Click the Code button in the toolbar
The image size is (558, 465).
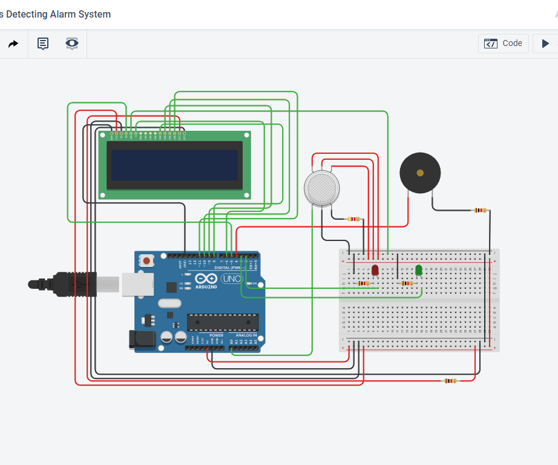pos(504,44)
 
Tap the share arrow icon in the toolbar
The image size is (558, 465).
pos(13,44)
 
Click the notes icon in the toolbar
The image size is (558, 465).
pos(43,44)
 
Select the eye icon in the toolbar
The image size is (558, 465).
pos(72,44)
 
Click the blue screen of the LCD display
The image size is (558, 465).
pos(174,165)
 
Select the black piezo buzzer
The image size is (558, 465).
pos(420,173)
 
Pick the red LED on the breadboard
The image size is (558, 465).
pos(375,269)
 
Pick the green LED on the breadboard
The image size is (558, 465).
pos(418,270)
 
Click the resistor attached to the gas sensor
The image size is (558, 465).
pos(353,219)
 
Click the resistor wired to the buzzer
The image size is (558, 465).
pos(480,211)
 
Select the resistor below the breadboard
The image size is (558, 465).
pos(450,381)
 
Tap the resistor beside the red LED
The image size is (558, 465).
pos(363,283)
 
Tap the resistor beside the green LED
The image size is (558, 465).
pos(407,283)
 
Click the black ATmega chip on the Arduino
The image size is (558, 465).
pos(223,323)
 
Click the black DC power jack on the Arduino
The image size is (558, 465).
pos(142,340)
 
